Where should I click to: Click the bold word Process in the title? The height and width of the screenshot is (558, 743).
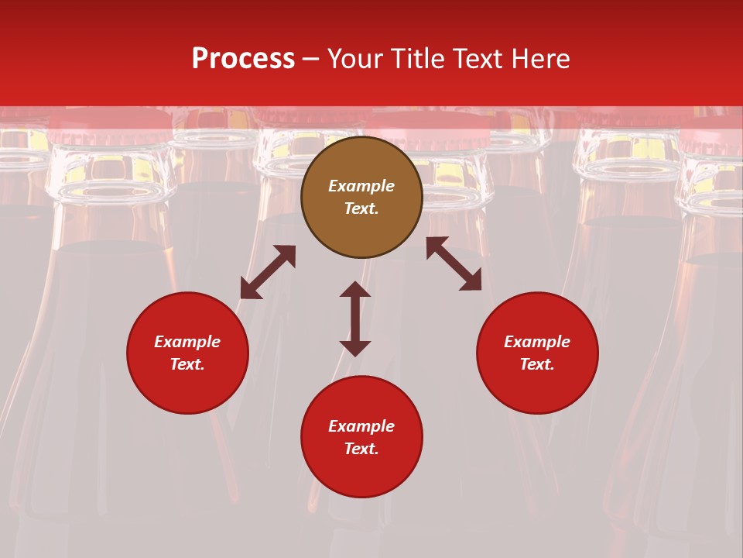[x=243, y=59]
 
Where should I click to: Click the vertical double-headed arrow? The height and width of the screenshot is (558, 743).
[x=355, y=319]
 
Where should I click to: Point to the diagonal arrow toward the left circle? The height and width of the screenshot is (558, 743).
[x=268, y=272]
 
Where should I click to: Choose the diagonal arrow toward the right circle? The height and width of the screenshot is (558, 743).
[x=454, y=263]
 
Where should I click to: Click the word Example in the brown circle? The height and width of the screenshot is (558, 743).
[x=361, y=186]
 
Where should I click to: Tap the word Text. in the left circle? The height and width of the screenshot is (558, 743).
[x=187, y=364]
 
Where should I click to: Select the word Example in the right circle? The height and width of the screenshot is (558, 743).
[x=537, y=342]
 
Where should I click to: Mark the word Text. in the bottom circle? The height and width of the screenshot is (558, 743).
[x=361, y=449]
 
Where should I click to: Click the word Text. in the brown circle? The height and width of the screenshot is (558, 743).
[x=361, y=208]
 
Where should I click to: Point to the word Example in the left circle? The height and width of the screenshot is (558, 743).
[x=187, y=342]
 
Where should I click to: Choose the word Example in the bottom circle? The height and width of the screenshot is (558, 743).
[x=361, y=426]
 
